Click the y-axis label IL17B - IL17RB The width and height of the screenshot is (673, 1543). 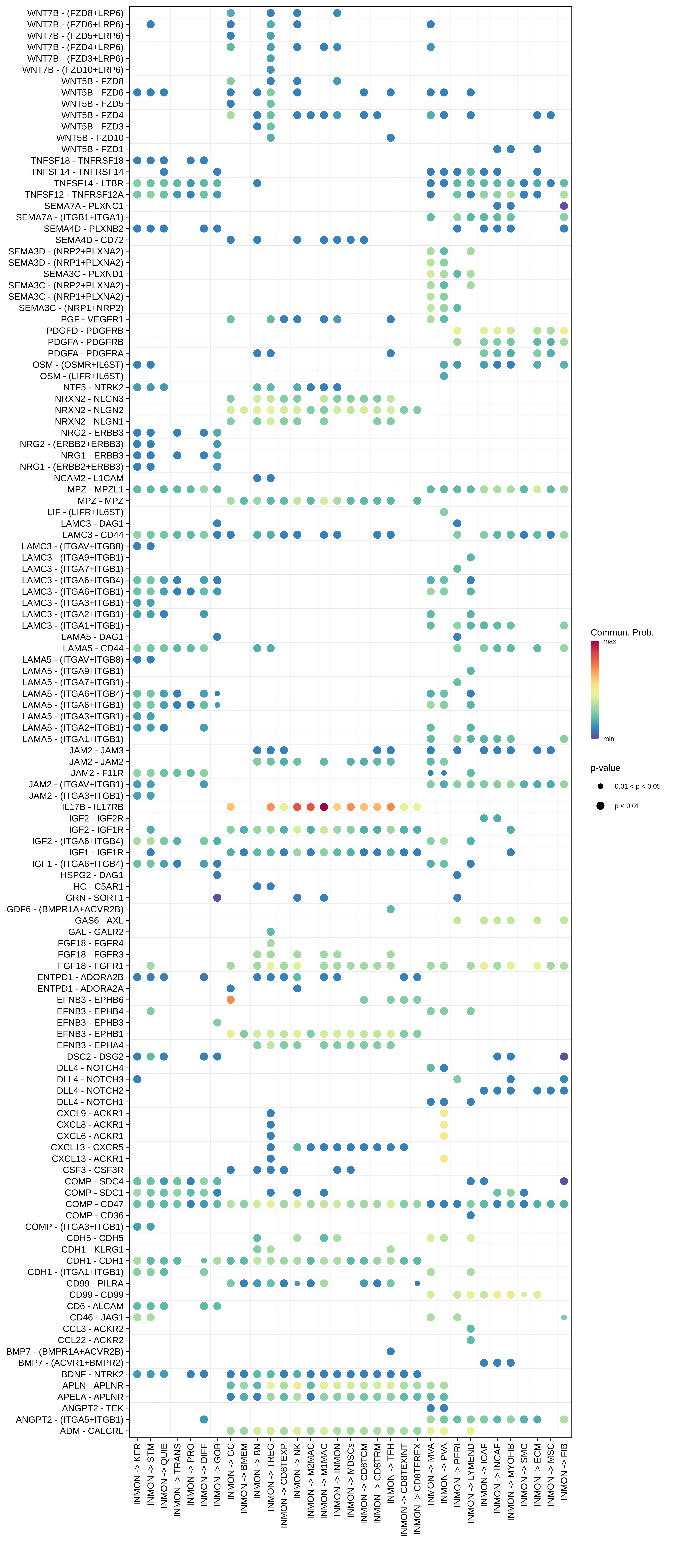tap(93, 807)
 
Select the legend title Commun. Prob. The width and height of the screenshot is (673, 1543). tap(621, 633)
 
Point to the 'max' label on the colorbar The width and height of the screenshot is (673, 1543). tap(610, 642)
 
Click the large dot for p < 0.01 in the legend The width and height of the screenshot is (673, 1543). tap(600, 806)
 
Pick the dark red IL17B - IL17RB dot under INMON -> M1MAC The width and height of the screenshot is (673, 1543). tap(324, 807)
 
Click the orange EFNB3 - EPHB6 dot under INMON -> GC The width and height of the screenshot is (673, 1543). tap(231, 1000)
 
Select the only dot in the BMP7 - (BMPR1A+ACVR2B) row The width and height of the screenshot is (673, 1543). tap(390, 1351)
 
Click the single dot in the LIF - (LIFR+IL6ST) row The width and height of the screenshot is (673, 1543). tap(444, 512)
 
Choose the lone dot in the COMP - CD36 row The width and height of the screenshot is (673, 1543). tap(471, 1215)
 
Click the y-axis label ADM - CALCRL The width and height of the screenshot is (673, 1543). tap(92, 1431)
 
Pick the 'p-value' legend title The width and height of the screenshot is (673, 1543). tap(605, 768)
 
